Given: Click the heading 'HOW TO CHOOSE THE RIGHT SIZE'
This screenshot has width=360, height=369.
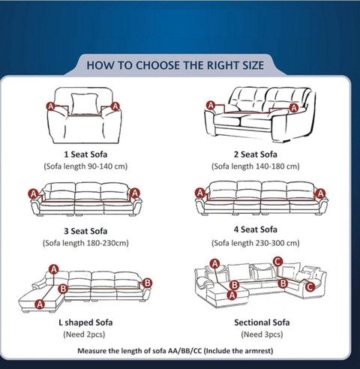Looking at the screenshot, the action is tap(175, 65).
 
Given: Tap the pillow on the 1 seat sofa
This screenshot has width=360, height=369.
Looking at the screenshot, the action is tap(84, 104).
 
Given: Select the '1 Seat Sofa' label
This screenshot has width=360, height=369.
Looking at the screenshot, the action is tap(85, 154).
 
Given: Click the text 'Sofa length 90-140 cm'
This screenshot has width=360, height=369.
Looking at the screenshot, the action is tap(85, 166).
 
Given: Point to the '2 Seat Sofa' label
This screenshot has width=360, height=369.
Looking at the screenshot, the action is tap(255, 154).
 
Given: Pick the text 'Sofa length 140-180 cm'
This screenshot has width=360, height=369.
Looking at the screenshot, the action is tap(256, 166).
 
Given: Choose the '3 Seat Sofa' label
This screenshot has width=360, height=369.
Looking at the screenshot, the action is tap(85, 231).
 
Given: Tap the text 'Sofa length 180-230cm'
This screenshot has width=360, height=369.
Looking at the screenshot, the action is tap(85, 243).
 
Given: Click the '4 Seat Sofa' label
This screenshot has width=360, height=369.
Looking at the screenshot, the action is tap(255, 229).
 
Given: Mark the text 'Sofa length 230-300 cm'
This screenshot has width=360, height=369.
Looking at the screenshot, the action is tap(256, 243).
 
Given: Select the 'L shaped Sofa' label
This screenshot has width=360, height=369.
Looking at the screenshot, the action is tap(85, 322).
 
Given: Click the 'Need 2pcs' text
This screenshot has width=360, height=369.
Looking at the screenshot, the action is tap(84, 334).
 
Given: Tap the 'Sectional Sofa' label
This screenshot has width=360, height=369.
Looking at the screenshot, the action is tap(262, 322).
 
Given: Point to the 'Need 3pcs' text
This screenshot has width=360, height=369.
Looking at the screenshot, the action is tap(262, 334).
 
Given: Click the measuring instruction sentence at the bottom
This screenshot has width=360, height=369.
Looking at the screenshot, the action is tap(175, 351).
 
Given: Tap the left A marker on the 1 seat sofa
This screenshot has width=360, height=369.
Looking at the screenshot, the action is tap(51, 106).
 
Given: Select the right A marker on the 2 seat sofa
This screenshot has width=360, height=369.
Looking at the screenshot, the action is tap(294, 108).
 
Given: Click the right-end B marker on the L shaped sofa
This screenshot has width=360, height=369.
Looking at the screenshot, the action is tap(147, 283).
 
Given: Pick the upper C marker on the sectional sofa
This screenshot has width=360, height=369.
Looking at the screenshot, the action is tap(277, 262).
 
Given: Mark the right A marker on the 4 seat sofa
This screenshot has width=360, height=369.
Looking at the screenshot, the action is tap(320, 193).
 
